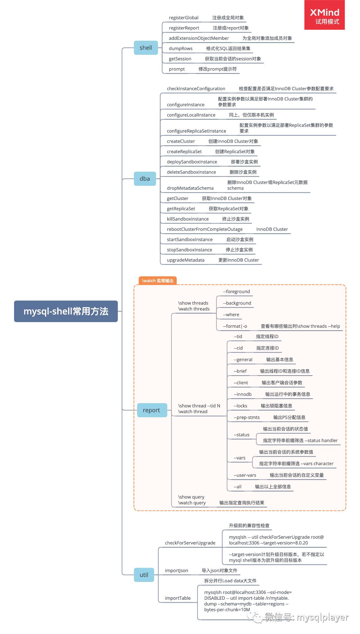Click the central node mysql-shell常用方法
click(x=66, y=311)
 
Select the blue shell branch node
click(x=146, y=48)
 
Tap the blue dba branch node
click(x=145, y=179)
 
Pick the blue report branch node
click(x=151, y=410)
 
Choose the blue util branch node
click(x=144, y=575)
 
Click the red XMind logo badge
click(x=325, y=15)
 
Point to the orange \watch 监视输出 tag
click(x=157, y=280)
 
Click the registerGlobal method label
click(x=184, y=18)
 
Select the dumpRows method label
click(x=181, y=49)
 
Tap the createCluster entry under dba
click(x=181, y=141)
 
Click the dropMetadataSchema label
click(x=190, y=188)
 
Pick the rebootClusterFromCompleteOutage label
click(x=205, y=229)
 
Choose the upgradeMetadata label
click(x=186, y=260)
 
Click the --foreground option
click(x=237, y=292)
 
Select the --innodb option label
click(x=242, y=394)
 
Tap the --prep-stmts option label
click(x=247, y=417)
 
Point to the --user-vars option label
click(x=245, y=475)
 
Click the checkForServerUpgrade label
click(x=190, y=543)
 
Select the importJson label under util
click(x=176, y=570)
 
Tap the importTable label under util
click(x=178, y=598)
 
